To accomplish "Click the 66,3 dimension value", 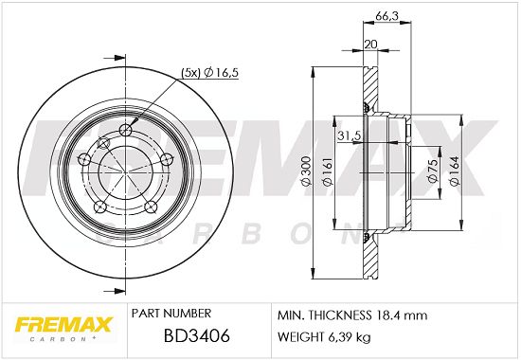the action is point(386,15).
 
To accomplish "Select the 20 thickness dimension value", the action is point(370,45).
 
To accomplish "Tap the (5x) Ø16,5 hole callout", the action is point(210,73).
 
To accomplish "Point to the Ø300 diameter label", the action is point(306,171).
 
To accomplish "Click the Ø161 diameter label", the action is point(328,171).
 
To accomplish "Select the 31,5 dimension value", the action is point(350,135).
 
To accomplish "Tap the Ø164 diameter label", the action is point(454,171).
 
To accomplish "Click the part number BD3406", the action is point(197,335).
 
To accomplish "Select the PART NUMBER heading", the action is point(171,314).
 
